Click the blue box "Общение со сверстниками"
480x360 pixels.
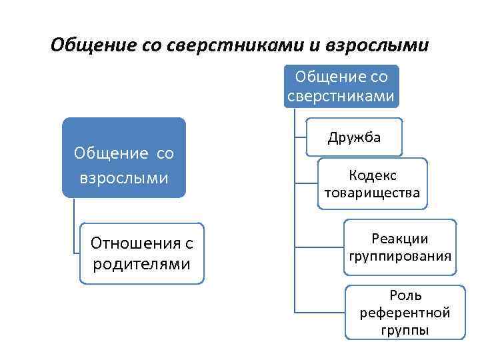point(341,85)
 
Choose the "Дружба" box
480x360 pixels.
point(354,137)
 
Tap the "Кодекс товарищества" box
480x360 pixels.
point(372,183)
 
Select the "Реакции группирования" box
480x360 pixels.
point(399,247)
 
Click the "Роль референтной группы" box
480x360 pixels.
point(405,312)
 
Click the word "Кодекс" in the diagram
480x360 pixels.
point(372,175)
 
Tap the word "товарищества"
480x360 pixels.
point(372,193)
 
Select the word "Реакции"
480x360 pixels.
point(400,239)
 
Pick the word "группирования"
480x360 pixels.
point(400,256)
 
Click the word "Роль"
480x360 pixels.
point(405,295)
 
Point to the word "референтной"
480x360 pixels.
point(405,313)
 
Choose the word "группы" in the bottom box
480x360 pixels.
point(405,330)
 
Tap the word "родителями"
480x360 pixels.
point(141,264)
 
